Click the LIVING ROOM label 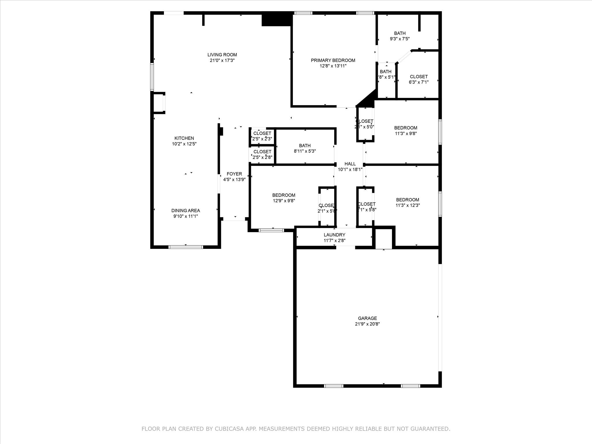click(x=222, y=55)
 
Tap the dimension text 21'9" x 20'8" click(x=367, y=324)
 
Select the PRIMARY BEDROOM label click(x=333, y=60)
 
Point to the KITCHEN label click(x=184, y=138)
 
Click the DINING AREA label click(x=185, y=211)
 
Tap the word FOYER click(x=234, y=174)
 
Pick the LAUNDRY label click(x=334, y=235)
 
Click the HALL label click(x=350, y=164)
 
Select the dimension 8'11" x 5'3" click(x=305, y=151)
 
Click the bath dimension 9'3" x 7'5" click(x=399, y=39)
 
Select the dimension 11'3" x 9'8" click(x=406, y=134)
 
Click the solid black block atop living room click(x=276, y=19)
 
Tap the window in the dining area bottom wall click(x=186, y=247)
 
